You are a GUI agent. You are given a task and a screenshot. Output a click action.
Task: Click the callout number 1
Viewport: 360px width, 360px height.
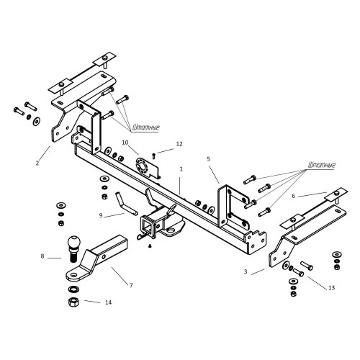pos(181,169)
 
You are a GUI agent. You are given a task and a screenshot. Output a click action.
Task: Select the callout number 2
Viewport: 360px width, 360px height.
pos(37,163)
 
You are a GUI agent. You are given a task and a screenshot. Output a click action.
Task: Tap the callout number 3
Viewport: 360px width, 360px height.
pos(246,271)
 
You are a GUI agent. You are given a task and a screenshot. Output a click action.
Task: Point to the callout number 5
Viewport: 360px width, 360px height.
pos(208,158)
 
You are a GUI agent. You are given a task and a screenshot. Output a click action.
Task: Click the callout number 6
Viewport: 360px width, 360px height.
pos(293,196)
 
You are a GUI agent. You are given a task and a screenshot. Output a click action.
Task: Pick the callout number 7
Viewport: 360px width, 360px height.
pos(131,285)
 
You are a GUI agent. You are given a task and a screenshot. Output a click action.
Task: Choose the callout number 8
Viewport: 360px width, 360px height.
pos(42,256)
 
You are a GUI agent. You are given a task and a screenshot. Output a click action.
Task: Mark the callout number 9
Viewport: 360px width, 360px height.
pos(101,215)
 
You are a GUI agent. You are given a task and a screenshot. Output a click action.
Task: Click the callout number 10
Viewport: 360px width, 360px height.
pos(125,143)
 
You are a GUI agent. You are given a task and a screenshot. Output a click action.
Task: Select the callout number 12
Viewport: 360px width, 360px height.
pos(179,144)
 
